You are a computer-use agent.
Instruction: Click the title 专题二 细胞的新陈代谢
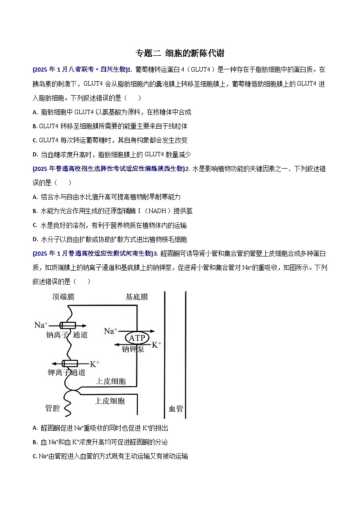click(x=180, y=53)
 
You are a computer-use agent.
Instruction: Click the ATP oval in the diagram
click(x=136, y=338)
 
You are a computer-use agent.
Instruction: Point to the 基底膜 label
click(x=136, y=297)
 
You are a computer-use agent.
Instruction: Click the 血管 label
click(x=175, y=408)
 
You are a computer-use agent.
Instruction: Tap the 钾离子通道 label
click(x=66, y=373)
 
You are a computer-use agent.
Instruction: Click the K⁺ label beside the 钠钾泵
click(x=156, y=345)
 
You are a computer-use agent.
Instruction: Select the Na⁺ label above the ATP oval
click(x=111, y=331)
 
